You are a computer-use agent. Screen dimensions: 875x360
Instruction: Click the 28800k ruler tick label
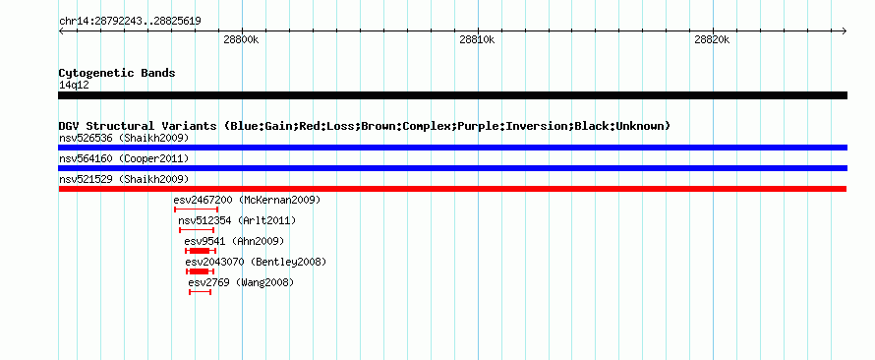242,40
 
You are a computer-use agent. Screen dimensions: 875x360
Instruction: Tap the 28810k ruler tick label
478,40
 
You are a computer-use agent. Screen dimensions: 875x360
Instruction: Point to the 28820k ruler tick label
713,40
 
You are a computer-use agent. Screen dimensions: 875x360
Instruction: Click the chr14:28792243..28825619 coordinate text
130,22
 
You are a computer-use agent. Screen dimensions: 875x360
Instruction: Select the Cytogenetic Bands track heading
117,73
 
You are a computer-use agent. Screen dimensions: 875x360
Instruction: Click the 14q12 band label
74,86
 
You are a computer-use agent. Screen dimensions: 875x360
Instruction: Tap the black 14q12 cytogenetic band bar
452,95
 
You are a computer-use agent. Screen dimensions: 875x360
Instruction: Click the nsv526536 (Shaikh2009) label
124,138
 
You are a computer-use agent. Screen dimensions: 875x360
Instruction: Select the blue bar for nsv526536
452,148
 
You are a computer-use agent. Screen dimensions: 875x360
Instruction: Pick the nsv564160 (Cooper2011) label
124,159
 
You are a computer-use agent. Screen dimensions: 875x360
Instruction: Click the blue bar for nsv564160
452,168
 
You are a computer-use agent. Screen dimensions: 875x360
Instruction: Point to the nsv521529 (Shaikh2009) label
124,179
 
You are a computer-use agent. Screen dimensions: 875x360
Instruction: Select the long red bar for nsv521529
452,189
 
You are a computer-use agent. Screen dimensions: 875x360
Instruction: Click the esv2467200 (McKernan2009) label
247,200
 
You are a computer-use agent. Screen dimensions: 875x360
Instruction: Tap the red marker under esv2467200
196,210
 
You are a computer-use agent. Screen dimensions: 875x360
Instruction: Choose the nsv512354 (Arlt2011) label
237,220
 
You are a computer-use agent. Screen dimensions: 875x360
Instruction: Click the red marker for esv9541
201,251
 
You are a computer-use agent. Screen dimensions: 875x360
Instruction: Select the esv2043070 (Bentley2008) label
256,262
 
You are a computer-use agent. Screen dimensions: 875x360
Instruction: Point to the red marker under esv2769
200,292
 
